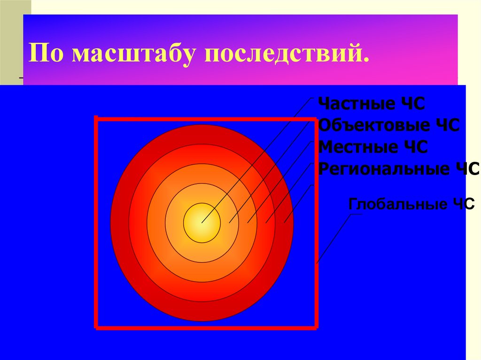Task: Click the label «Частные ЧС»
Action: (371, 104)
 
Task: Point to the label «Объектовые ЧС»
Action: (388, 125)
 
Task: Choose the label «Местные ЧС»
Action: (372, 147)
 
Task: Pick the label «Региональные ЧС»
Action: (398, 169)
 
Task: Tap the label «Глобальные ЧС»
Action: (411, 204)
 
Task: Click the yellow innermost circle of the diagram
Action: (202, 222)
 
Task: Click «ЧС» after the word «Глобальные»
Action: (463, 204)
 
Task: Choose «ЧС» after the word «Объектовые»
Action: (446, 125)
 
